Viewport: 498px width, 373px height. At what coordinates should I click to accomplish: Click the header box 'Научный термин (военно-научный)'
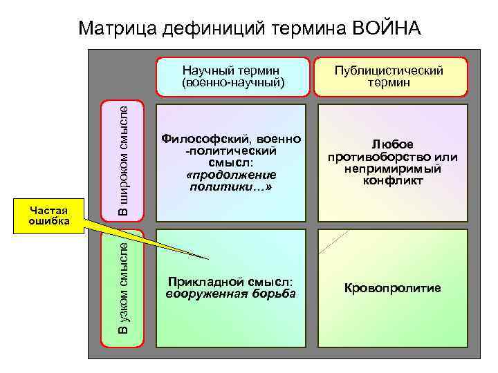coord(232,76)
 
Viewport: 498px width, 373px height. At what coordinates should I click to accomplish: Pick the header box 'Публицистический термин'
coord(389,76)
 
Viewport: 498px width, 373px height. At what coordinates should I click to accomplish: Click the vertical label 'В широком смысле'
coord(122,159)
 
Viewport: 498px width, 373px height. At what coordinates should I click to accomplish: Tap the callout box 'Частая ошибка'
coord(49,215)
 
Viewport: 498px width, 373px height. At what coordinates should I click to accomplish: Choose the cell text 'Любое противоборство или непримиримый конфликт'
coord(392,162)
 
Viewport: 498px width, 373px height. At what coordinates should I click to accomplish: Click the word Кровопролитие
coord(392,288)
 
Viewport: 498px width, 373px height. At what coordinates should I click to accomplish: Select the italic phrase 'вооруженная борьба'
coord(231,294)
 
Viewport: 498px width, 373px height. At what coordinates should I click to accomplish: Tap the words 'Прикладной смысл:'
coord(231,282)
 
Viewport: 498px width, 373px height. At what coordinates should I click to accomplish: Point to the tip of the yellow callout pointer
coord(208,259)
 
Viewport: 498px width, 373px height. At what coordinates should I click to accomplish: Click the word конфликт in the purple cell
coord(392,181)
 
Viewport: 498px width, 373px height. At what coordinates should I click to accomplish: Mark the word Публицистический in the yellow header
coord(389,70)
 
